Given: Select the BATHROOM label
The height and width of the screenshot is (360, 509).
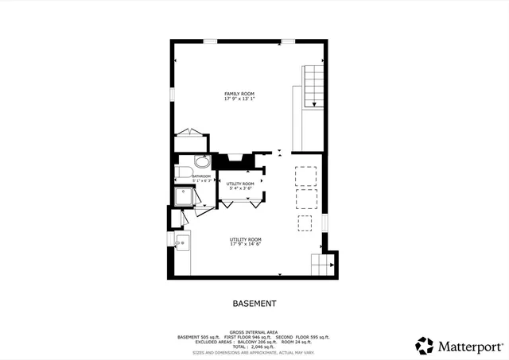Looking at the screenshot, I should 201,176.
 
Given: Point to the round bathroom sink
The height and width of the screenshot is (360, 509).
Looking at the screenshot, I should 203,161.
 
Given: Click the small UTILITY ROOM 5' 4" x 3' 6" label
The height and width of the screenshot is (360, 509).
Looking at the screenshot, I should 240,186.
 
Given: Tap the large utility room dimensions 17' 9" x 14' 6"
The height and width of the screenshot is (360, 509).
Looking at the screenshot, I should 246,244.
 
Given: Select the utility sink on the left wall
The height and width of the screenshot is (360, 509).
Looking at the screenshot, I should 180,242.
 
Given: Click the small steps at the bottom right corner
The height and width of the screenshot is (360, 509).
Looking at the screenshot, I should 321,265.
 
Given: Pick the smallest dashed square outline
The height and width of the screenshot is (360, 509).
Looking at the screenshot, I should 305,222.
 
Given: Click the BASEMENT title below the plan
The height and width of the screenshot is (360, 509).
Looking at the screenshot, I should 254,304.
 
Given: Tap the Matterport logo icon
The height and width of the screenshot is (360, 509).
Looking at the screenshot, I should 425,346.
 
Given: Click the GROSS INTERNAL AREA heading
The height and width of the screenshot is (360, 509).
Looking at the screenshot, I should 254,331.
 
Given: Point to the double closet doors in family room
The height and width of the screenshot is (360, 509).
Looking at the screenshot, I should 191,133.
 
